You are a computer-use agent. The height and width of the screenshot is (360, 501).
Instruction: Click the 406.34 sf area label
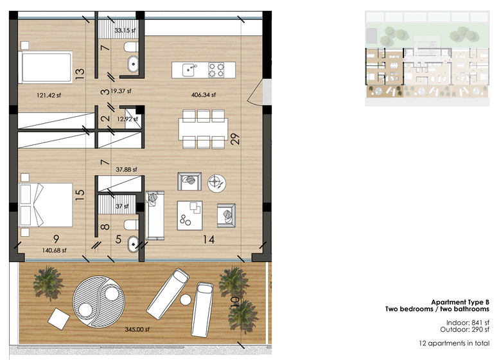click(x=204, y=95)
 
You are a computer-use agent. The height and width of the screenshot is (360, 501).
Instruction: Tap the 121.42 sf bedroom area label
click(x=49, y=95)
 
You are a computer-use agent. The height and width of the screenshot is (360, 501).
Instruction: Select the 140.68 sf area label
click(x=55, y=250)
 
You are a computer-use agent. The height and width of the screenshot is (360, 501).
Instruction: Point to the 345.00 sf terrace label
click(x=137, y=329)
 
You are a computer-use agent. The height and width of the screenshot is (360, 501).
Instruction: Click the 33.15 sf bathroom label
click(x=125, y=30)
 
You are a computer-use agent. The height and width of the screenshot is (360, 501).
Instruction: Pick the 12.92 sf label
click(x=127, y=119)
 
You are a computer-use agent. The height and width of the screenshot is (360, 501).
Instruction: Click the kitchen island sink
click(x=189, y=70)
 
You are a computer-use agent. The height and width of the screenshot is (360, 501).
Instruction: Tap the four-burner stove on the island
click(x=216, y=70)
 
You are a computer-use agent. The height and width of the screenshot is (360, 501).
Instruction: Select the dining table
click(x=203, y=129)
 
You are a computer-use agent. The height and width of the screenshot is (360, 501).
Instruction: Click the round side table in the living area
click(x=216, y=184)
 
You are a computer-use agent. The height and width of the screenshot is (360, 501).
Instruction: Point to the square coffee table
click(x=189, y=215)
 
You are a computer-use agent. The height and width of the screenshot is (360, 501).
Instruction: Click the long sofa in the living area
click(x=155, y=216)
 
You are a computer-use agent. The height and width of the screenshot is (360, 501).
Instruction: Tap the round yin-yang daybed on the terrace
click(x=98, y=302)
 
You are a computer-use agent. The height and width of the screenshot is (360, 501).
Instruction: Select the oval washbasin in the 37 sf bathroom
click(x=133, y=244)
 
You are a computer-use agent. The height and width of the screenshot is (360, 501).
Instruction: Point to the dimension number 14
click(x=209, y=239)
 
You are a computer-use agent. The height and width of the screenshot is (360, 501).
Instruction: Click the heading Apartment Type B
click(x=460, y=302)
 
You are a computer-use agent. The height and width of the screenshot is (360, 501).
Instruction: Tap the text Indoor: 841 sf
click(x=468, y=323)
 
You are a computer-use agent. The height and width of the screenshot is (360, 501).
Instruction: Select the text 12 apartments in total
click(x=454, y=343)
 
